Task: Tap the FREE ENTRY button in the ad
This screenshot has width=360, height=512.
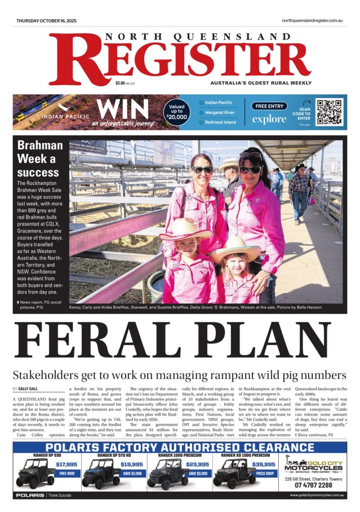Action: tap(269, 106)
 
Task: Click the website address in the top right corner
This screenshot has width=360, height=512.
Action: tap(313, 21)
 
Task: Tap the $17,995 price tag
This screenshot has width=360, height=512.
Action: tap(66, 464)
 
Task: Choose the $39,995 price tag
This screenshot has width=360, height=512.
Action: tap(264, 464)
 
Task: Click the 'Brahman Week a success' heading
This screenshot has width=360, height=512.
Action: tap(38, 158)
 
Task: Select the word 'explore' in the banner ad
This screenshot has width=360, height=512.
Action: tap(269, 119)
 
